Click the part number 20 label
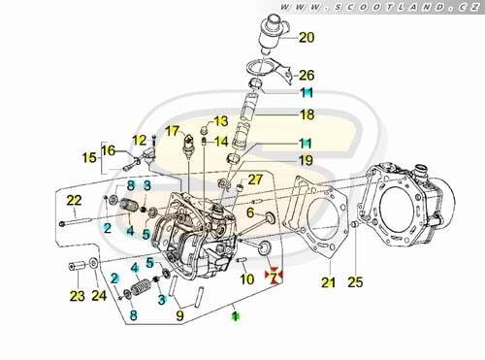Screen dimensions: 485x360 pyautogui.click(x=307, y=38)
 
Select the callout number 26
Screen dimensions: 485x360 pyautogui.click(x=307, y=76)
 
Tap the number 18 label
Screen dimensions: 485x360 pyautogui.click(x=307, y=115)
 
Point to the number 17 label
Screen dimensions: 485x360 pyautogui.click(x=172, y=131)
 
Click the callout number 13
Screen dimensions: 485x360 pyautogui.click(x=221, y=121)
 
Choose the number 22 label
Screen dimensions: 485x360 pyautogui.click(x=74, y=201)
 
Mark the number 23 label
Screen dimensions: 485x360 pyautogui.click(x=77, y=296)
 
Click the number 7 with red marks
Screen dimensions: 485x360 pyautogui.click(x=274, y=277)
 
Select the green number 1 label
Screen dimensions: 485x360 pyautogui.click(x=236, y=316)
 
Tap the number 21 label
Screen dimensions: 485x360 pyautogui.click(x=328, y=282)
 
